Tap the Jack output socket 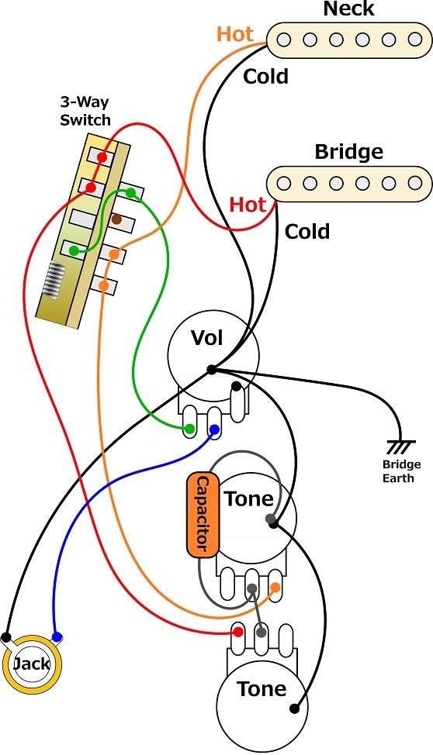[33, 664]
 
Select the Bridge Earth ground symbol [401, 446]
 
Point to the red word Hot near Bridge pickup [248, 205]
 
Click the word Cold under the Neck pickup [265, 76]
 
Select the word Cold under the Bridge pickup [307, 232]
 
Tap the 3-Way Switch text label [85, 111]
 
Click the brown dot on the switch [116, 219]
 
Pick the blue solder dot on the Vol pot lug [214, 429]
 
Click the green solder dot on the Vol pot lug [190, 429]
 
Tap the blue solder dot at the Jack [57, 637]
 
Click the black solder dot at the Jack [6, 637]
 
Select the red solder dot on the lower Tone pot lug [237, 632]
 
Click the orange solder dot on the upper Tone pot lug [275, 588]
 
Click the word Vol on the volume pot [207, 338]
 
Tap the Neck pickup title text [348, 9]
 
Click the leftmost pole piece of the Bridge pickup [284, 184]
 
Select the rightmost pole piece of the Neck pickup [414, 40]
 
